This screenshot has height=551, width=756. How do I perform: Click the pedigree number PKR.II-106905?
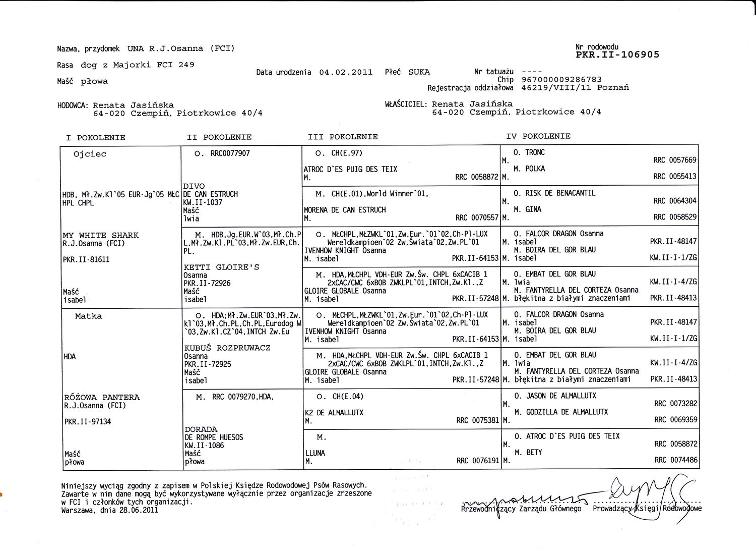[x=617, y=55]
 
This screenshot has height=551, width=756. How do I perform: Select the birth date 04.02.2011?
[x=346, y=72]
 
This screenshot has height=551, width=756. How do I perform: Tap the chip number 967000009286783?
[x=561, y=80]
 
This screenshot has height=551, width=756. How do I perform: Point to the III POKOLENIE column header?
[x=343, y=137]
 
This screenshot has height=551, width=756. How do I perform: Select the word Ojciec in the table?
[x=90, y=154]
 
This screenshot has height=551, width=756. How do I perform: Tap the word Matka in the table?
[x=89, y=316]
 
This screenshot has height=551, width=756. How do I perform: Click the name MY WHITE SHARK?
[x=101, y=235]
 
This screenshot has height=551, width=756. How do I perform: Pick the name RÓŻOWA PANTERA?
[x=102, y=398]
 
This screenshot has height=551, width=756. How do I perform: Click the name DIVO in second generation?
[x=194, y=186]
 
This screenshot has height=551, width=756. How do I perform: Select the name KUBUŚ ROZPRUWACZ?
[x=227, y=348]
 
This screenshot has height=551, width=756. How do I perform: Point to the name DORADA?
[x=201, y=429]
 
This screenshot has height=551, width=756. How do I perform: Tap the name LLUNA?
[x=315, y=453]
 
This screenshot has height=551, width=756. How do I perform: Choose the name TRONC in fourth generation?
[x=535, y=152]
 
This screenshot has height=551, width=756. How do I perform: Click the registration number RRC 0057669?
[x=675, y=160]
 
